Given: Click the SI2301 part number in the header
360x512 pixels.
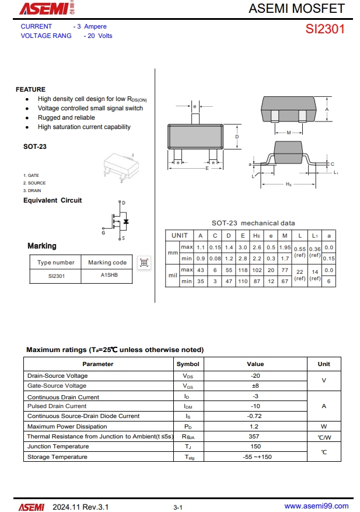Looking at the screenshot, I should [x=325, y=29].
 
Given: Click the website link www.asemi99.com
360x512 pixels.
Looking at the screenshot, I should [x=316, y=506].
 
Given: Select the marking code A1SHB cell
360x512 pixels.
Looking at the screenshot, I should [x=109, y=276].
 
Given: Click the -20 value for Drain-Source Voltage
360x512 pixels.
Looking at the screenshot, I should [x=255, y=376].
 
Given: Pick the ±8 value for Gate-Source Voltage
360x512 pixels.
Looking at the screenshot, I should [x=255, y=386].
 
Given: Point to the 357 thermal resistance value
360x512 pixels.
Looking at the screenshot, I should [x=255, y=437].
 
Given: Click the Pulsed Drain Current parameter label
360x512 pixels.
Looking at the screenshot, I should [x=57, y=406].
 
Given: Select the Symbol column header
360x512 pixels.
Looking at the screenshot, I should [x=188, y=364].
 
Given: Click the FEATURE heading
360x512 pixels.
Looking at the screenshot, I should [x=30, y=89].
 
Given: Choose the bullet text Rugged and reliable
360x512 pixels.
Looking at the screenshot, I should [x=66, y=117].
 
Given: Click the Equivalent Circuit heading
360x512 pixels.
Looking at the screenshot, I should [x=53, y=200].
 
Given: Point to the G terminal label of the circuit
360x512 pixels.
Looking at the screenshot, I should [x=103, y=233].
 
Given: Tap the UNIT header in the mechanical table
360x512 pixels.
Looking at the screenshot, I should [x=180, y=235].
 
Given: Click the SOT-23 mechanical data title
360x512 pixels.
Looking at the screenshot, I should [x=253, y=223].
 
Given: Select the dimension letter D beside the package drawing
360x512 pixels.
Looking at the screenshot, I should [x=237, y=137].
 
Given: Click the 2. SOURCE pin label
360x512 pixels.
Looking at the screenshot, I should [x=34, y=183].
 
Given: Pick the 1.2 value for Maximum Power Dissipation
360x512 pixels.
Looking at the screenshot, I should [x=255, y=427].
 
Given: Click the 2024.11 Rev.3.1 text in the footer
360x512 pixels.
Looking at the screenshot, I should [x=80, y=507].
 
